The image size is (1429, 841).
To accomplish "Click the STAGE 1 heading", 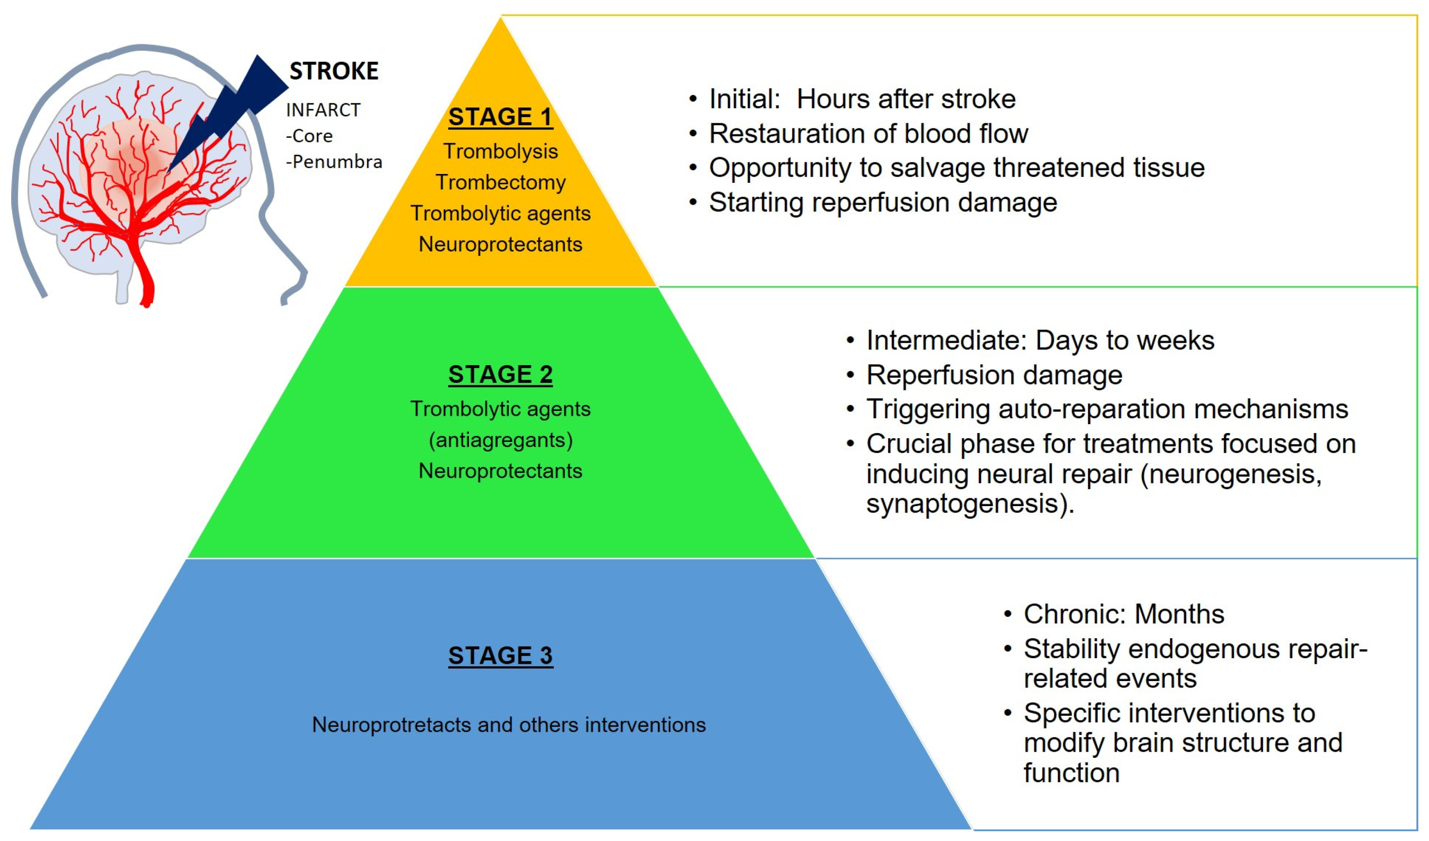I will pos(500,117).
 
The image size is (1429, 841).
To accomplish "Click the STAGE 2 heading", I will pos(500,374).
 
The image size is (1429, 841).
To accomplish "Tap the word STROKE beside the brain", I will pos(334,72).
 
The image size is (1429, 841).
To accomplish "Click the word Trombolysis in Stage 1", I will pos(500,152).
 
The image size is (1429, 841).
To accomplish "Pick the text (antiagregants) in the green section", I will pos(500,440).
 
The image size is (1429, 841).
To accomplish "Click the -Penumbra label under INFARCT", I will pos(334,162).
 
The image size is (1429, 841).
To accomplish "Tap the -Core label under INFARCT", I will pos(310,136).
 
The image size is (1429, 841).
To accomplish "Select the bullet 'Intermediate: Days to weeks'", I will pos(1040,341).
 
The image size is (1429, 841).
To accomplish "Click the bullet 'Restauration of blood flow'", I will pos(868,134).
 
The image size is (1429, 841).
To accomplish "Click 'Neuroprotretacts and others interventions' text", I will pos(508,725).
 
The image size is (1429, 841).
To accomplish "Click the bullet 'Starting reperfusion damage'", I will pos(882,202).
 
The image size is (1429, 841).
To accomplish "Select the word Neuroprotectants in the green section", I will pos(500,471).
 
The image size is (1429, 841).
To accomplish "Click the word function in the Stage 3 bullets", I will pos(1071,773).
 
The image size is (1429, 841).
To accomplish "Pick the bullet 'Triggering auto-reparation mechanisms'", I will pos(1106,409).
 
